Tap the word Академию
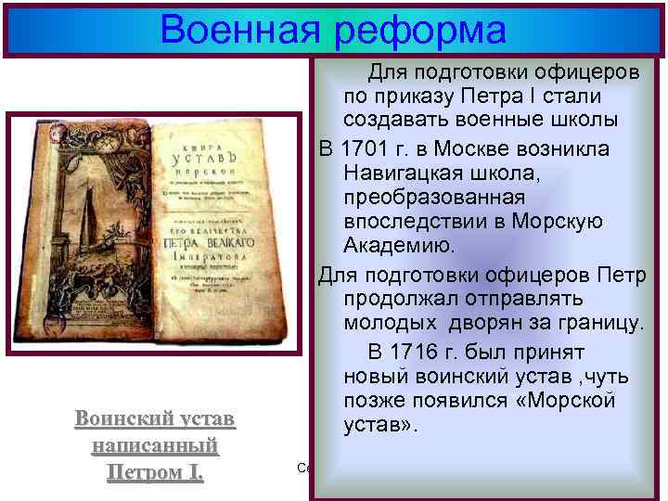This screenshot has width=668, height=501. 400,245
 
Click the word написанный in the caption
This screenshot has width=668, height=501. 155,445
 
